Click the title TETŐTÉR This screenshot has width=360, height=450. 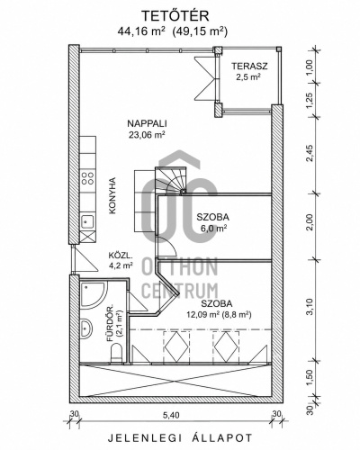[x=175, y=16]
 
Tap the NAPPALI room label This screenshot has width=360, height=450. [x=147, y=123]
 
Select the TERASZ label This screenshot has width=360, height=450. [x=249, y=66]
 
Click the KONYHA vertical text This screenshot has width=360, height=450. [x=112, y=195]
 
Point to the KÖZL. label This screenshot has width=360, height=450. [x=120, y=256]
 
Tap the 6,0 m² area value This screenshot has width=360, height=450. [x=213, y=229]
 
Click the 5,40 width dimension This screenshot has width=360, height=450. [x=171, y=416]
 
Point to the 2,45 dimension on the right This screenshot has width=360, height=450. [x=310, y=153]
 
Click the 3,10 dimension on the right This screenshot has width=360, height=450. [x=310, y=306]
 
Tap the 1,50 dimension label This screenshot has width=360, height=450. [x=310, y=378]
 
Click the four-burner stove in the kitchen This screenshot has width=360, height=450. [x=88, y=178]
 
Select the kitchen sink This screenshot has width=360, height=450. [x=88, y=221]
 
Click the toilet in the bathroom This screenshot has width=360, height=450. [x=116, y=353]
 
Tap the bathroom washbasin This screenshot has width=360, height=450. [x=86, y=328]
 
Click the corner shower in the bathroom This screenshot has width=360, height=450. [x=94, y=294]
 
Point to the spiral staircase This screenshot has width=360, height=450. [x=171, y=181]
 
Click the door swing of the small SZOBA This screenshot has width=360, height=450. [x=167, y=246]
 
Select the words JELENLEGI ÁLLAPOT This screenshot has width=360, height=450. [x=180, y=437]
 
